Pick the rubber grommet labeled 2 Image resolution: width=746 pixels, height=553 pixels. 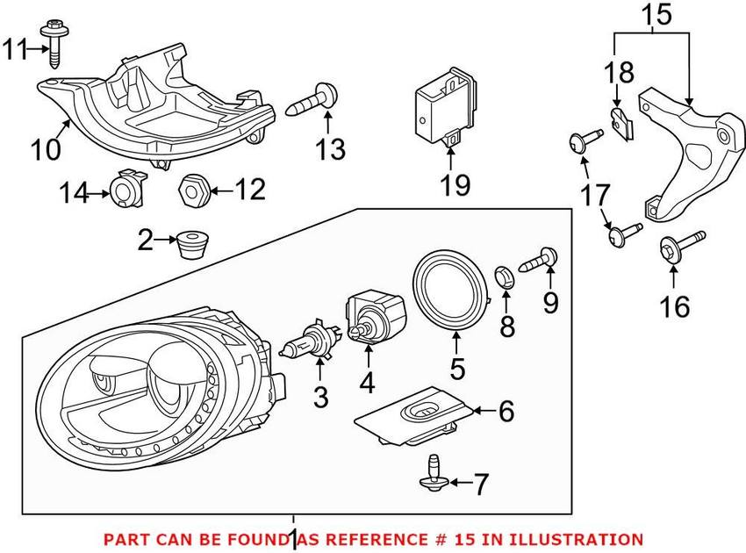[x=191, y=242]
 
